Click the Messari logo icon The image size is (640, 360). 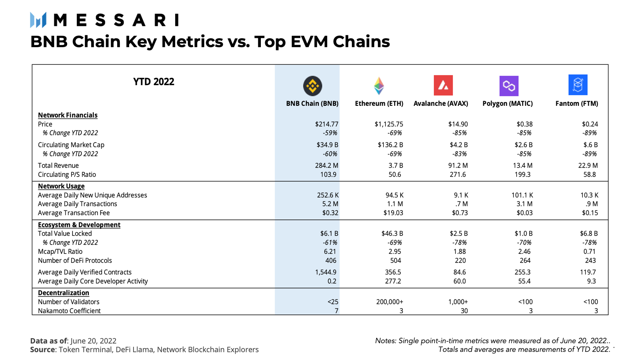tap(38, 20)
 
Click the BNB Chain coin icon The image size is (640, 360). tap(312, 86)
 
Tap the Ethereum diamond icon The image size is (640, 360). tap(379, 86)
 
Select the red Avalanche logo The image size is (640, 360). tap(443, 85)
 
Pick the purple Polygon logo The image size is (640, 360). tap(509, 86)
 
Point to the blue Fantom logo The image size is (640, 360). tap(578, 85)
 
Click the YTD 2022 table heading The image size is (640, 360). tap(154, 82)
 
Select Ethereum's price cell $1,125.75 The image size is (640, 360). tap(388, 124)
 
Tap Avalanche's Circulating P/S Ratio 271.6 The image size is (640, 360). tap(457, 174)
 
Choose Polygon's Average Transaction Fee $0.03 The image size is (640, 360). tap(524, 213)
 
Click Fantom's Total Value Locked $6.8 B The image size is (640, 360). tap(588, 233)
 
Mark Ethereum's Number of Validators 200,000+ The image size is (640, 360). tap(389, 302)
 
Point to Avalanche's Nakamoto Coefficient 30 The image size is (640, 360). tap(464, 311)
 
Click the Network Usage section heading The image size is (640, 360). tap(61, 186)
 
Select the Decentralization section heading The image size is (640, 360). tap(63, 293)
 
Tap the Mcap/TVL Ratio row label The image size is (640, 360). tap(60, 252)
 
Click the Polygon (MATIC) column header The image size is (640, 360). tap(507, 104)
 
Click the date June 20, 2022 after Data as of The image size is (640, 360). tap(93, 341)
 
